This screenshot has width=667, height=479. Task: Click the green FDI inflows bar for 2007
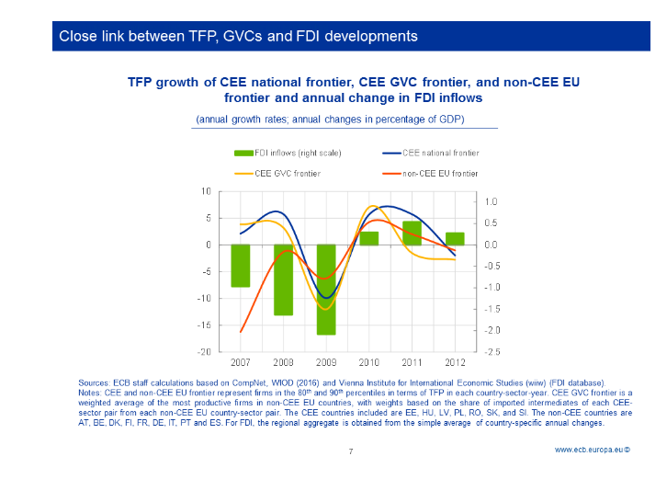click(241, 266)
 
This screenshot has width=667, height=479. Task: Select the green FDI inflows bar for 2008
click(283, 279)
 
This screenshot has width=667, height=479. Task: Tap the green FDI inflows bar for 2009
click(326, 290)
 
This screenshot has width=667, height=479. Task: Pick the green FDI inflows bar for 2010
click(368, 238)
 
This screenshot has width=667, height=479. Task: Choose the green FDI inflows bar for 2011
click(412, 233)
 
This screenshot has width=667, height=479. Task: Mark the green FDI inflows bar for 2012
click(455, 238)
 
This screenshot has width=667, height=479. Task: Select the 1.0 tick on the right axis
click(492, 202)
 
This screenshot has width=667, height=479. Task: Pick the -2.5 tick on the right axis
click(492, 352)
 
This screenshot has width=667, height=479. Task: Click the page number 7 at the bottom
click(351, 451)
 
